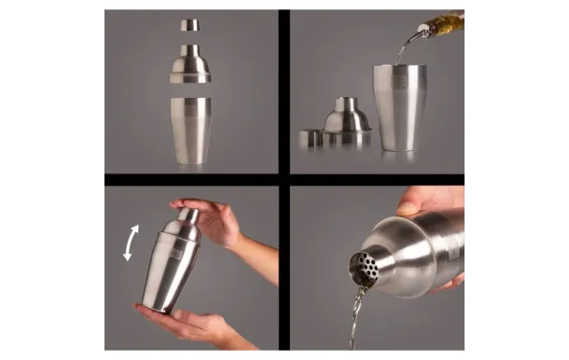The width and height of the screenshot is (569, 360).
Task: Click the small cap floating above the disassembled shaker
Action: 190,25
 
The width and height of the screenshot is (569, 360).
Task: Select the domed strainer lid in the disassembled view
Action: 190,64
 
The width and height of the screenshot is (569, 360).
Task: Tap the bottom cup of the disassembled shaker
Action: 190,130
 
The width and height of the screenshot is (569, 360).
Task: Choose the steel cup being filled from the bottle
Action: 398,107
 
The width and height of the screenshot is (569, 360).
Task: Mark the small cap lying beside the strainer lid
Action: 310,139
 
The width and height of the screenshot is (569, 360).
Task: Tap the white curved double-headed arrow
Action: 132,242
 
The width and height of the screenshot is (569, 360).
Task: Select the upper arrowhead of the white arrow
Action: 136,227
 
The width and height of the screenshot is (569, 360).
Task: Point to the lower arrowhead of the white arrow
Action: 129,257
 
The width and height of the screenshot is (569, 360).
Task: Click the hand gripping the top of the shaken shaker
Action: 210,222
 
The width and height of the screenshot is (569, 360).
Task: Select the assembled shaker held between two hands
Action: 173,266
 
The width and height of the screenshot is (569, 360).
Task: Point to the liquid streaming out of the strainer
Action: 355,317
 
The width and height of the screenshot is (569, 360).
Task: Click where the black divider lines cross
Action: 284,179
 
